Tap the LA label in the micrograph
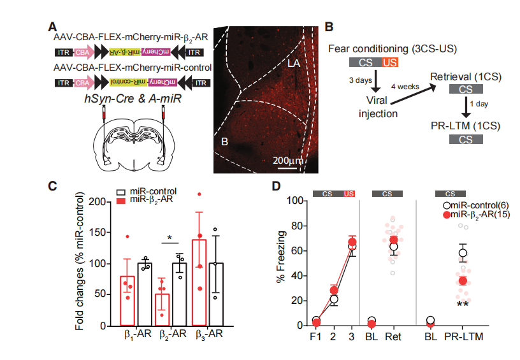pyautogui.click(x=293, y=64)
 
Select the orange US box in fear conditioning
pyautogui.click(x=389, y=62)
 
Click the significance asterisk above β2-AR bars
pyautogui.click(x=170, y=239)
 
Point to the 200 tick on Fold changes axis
pyautogui.click(x=93, y=202)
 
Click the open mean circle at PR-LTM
pyautogui.click(x=463, y=253)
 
